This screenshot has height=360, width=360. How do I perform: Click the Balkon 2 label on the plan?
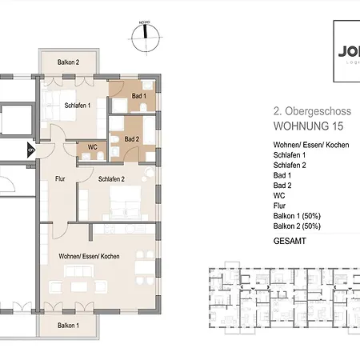coord(68,62)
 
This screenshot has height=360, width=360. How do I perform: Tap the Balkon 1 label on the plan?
coord(68,326)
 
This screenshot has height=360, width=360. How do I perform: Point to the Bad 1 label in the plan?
coord(139,97)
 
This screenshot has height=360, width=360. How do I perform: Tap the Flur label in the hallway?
coord(59,180)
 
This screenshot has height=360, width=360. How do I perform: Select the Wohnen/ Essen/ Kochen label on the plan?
coord(89,255)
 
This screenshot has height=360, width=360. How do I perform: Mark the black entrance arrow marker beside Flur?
coord(31,148)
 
